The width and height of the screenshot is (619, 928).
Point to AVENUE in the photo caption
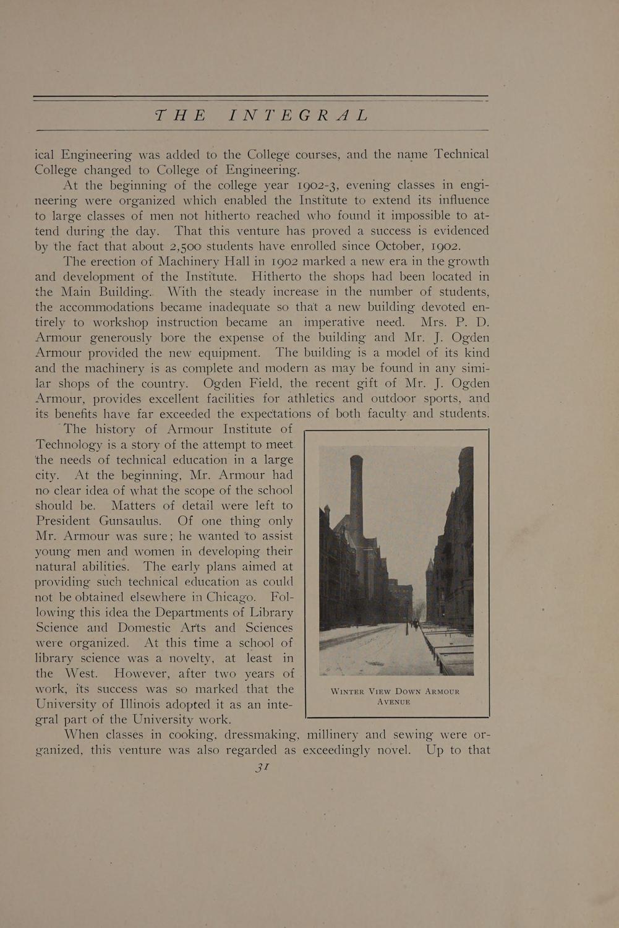[394, 702]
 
